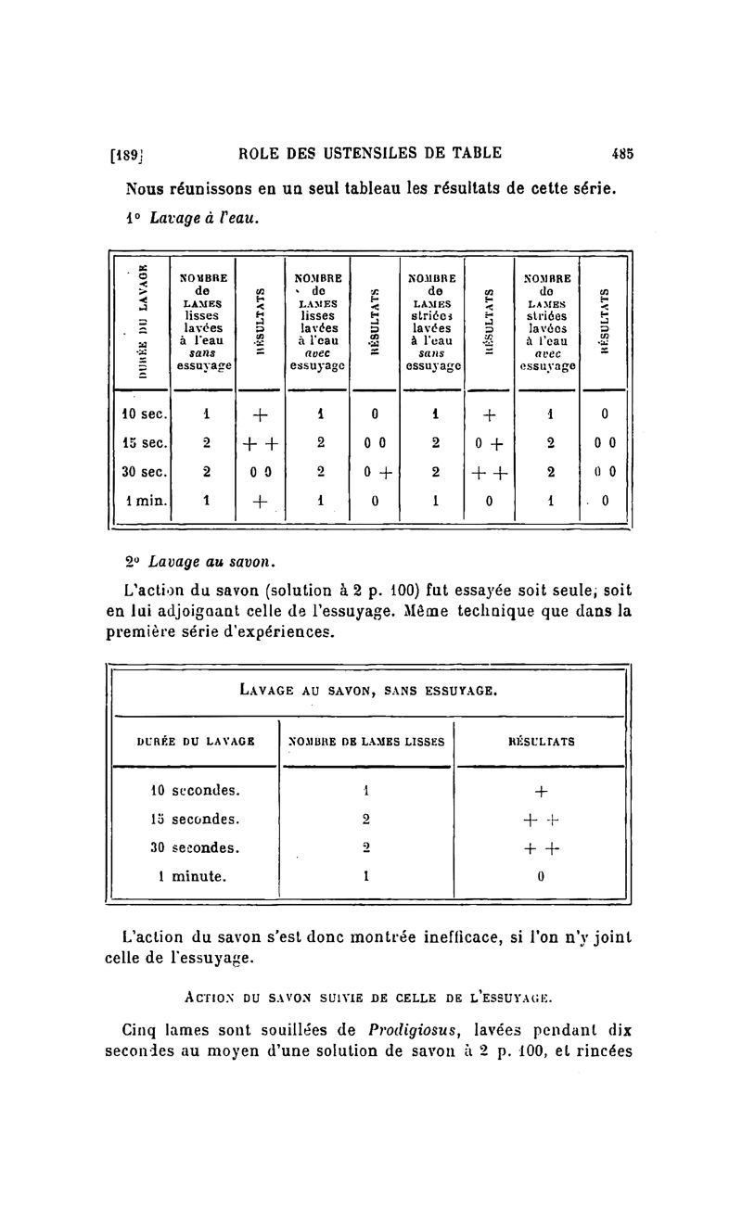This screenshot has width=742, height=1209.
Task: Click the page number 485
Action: tap(621, 154)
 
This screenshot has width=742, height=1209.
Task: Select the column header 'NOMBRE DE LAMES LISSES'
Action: tap(365, 741)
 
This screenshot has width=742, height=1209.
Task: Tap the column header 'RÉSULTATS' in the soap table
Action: tap(542, 741)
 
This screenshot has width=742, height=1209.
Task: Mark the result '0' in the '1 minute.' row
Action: tap(542, 874)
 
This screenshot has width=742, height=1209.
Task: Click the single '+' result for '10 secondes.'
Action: tap(542, 791)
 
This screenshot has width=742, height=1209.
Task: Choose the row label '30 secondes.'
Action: tap(195, 846)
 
